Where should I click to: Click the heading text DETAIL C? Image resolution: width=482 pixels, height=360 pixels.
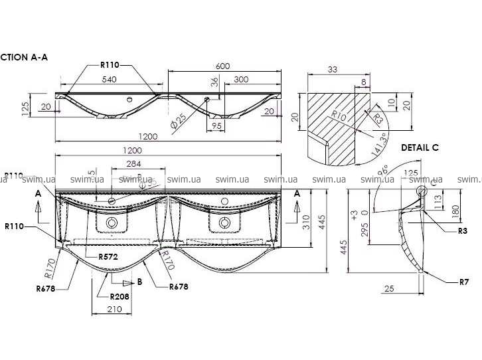pyautogui.click(x=420, y=147)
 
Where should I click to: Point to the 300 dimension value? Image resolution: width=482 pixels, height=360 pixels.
pyautogui.click(x=241, y=79)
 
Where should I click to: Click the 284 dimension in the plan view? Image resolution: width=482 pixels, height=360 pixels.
pyautogui.click(x=134, y=164)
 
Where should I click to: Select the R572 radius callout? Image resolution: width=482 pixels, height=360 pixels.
pyautogui.click(x=108, y=256)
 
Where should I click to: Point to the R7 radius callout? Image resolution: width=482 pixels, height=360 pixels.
pyautogui.click(x=465, y=282)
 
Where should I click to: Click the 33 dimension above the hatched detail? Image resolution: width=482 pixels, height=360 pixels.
pyautogui.click(x=333, y=69)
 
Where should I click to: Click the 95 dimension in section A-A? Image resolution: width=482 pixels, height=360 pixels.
pyautogui.click(x=217, y=125)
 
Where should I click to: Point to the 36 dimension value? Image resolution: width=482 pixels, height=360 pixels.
pyautogui.click(x=214, y=82)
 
